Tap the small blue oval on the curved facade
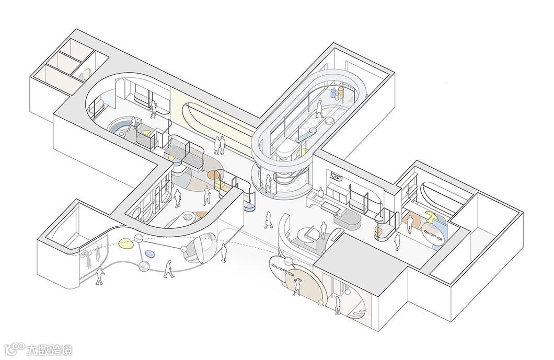coord(149,254)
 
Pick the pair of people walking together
coord(220,145)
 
